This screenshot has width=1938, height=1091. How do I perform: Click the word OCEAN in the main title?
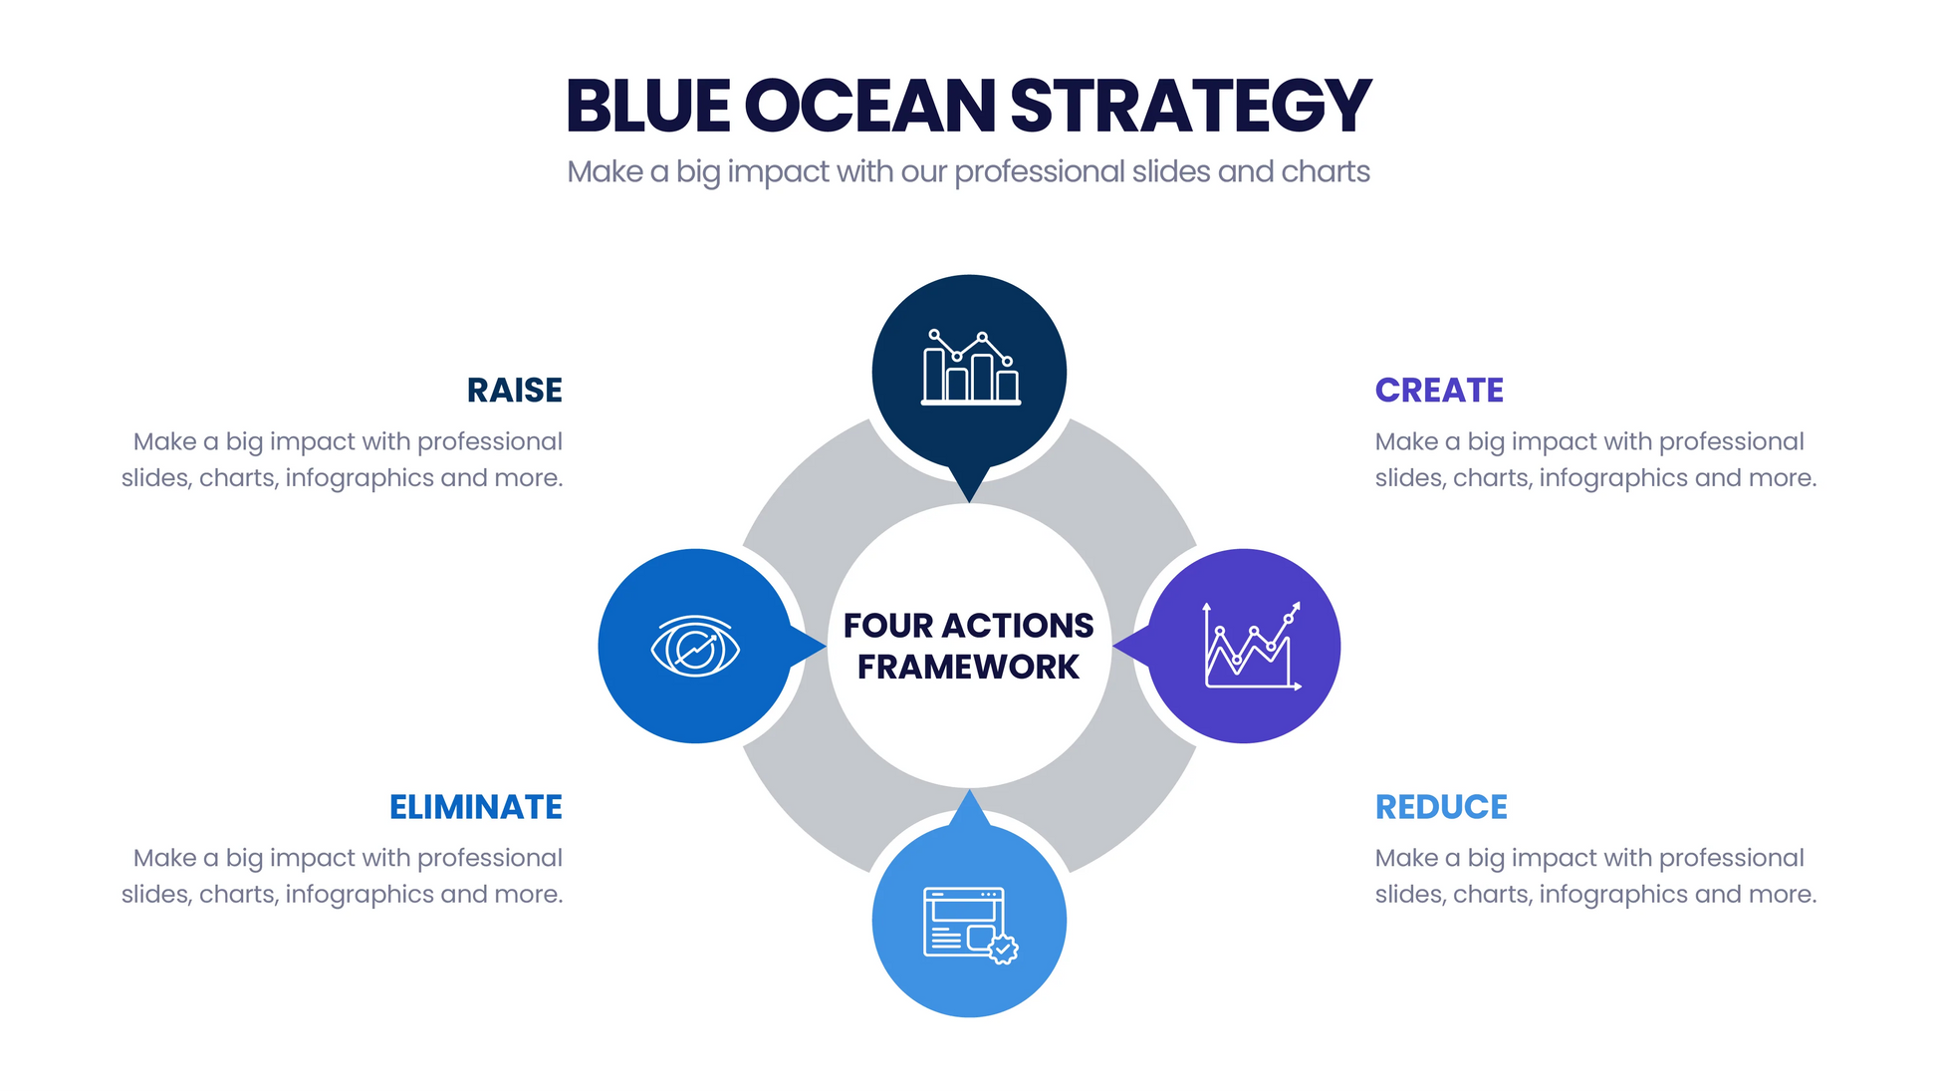868,106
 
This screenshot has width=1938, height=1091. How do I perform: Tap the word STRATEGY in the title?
1190,106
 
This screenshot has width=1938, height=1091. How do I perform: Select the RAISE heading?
514,390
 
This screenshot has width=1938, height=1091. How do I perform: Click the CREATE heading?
1439,390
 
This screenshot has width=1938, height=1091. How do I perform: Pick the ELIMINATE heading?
475,806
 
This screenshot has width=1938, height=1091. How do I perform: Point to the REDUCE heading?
1441,806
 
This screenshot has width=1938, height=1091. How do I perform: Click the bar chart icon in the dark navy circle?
970,368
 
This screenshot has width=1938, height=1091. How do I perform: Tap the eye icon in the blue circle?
695,647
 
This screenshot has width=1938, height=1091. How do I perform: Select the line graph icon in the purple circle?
1252,646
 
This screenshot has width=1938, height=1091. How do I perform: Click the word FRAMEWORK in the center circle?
968,667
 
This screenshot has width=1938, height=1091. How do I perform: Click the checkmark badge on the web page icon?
1004,949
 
